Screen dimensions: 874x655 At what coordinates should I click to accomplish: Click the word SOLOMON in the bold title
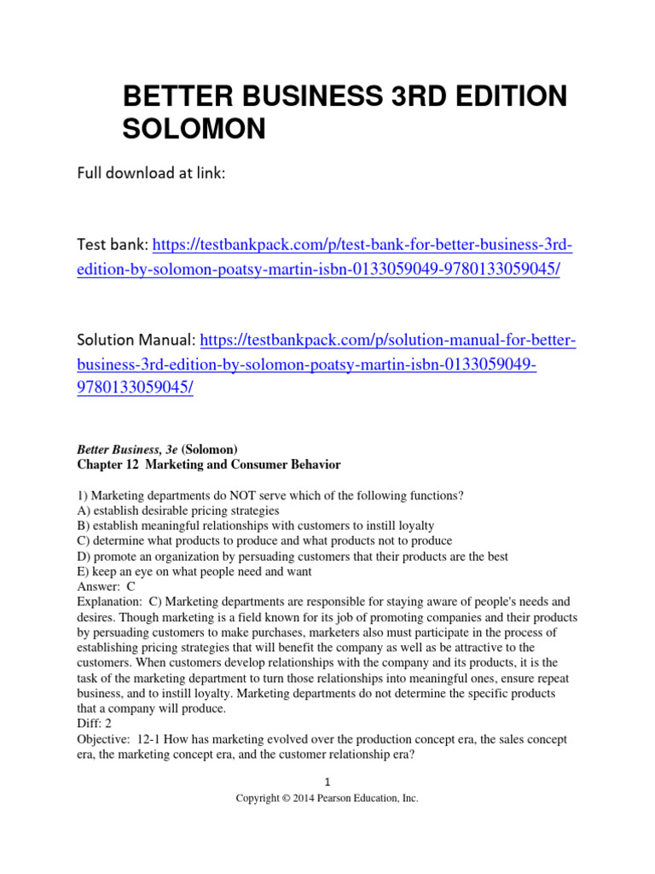coord(195,129)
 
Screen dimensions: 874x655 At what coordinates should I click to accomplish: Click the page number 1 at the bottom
coord(327,782)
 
